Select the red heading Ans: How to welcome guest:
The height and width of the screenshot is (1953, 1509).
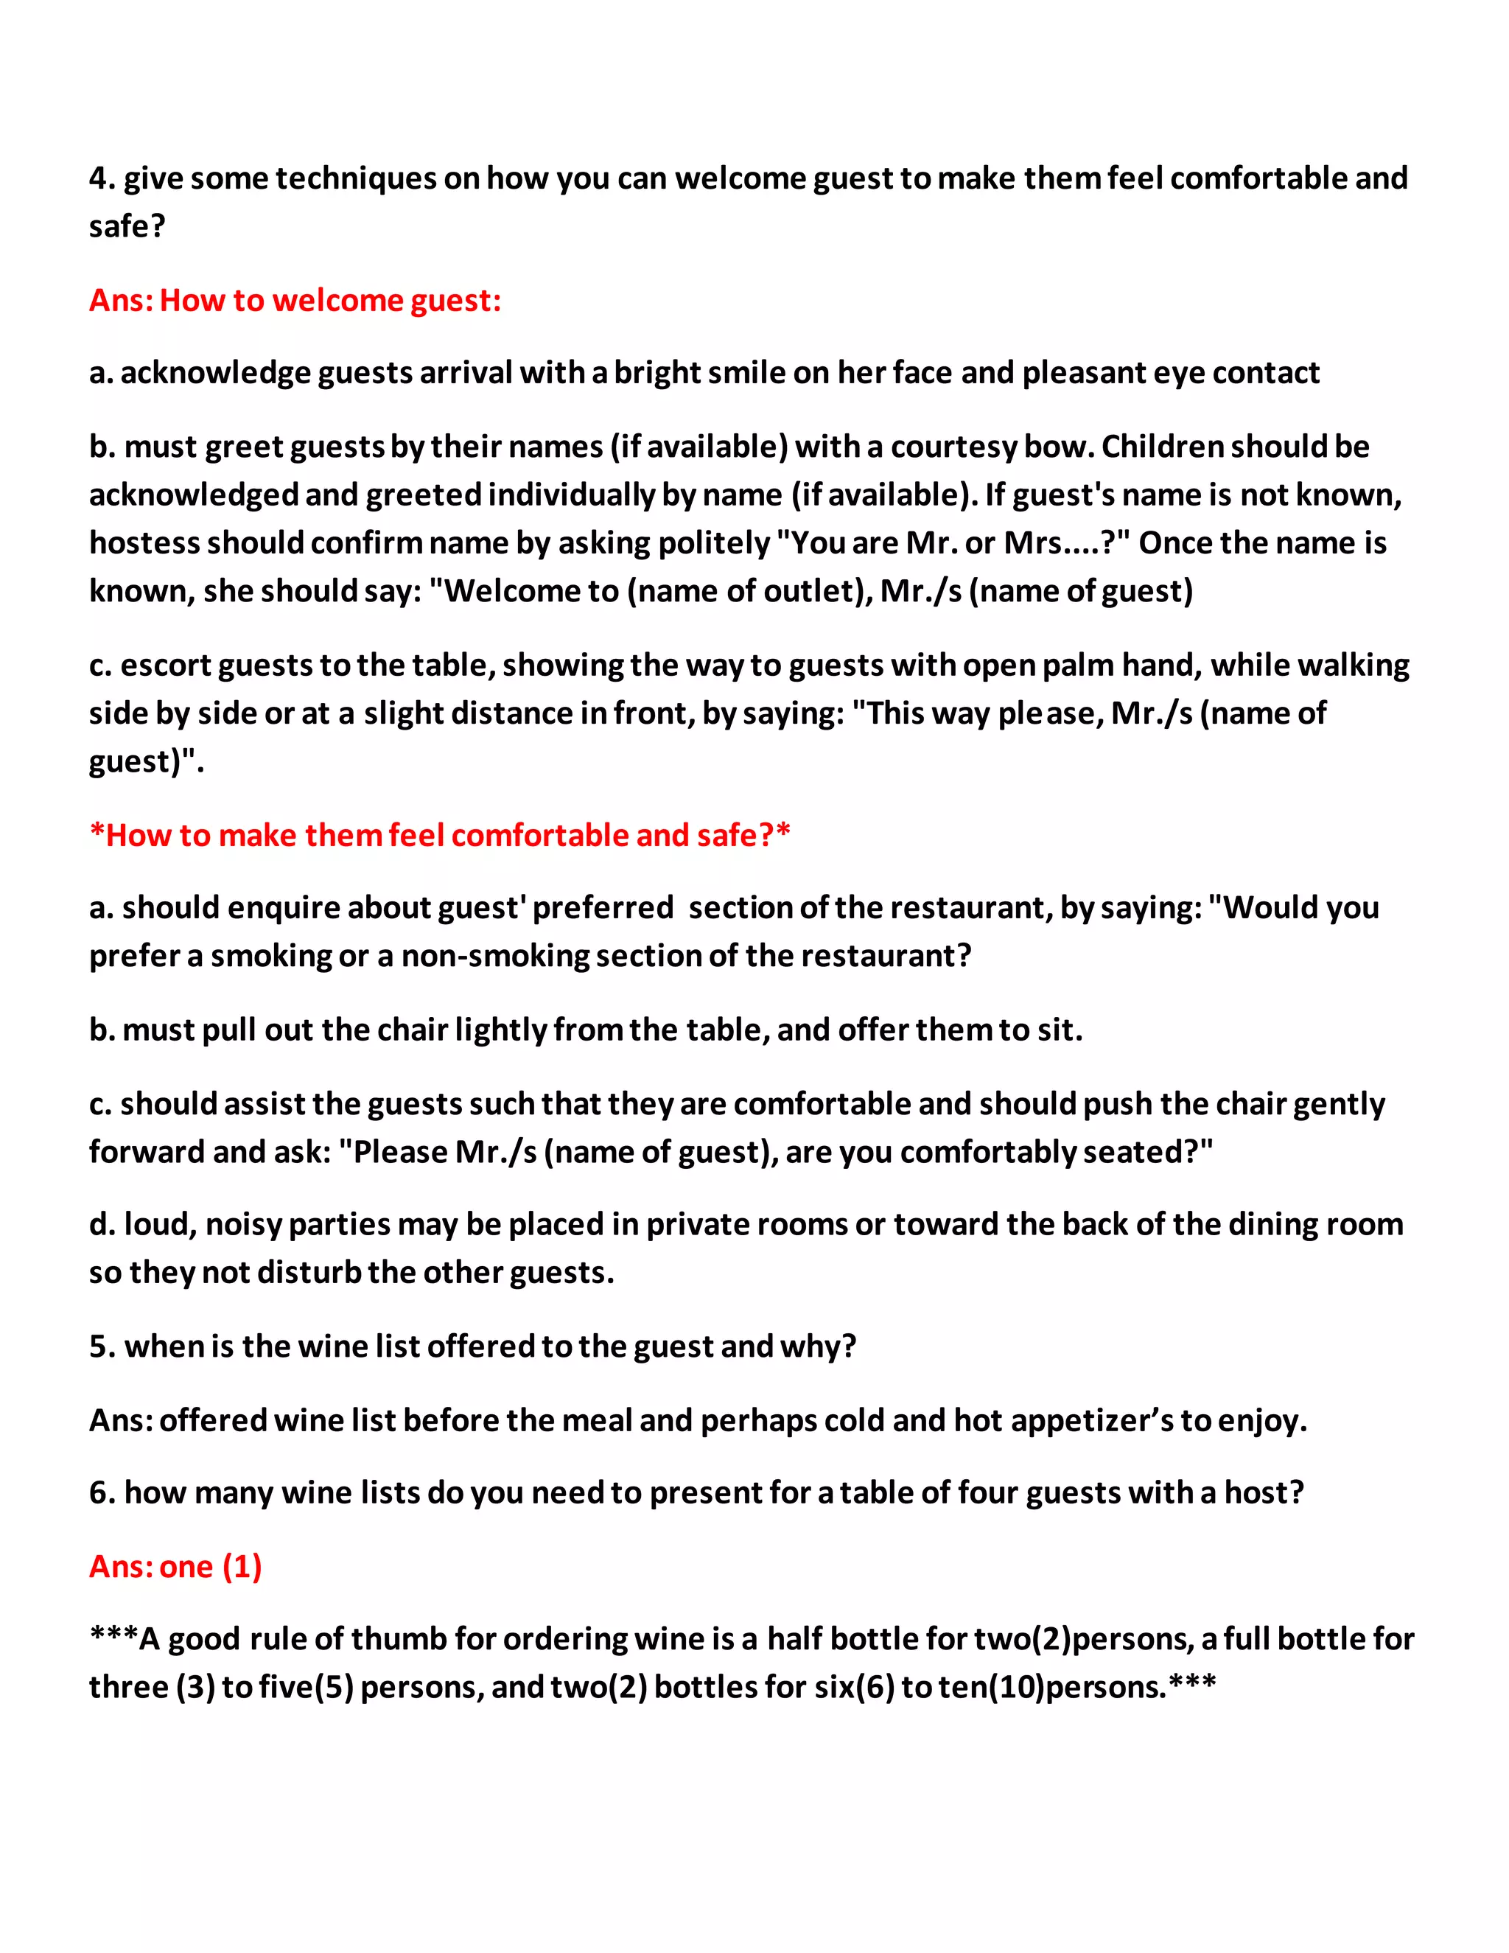[x=295, y=301]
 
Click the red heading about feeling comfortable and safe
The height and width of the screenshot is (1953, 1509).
[x=440, y=835]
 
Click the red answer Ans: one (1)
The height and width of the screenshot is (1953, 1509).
[x=175, y=1567]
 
